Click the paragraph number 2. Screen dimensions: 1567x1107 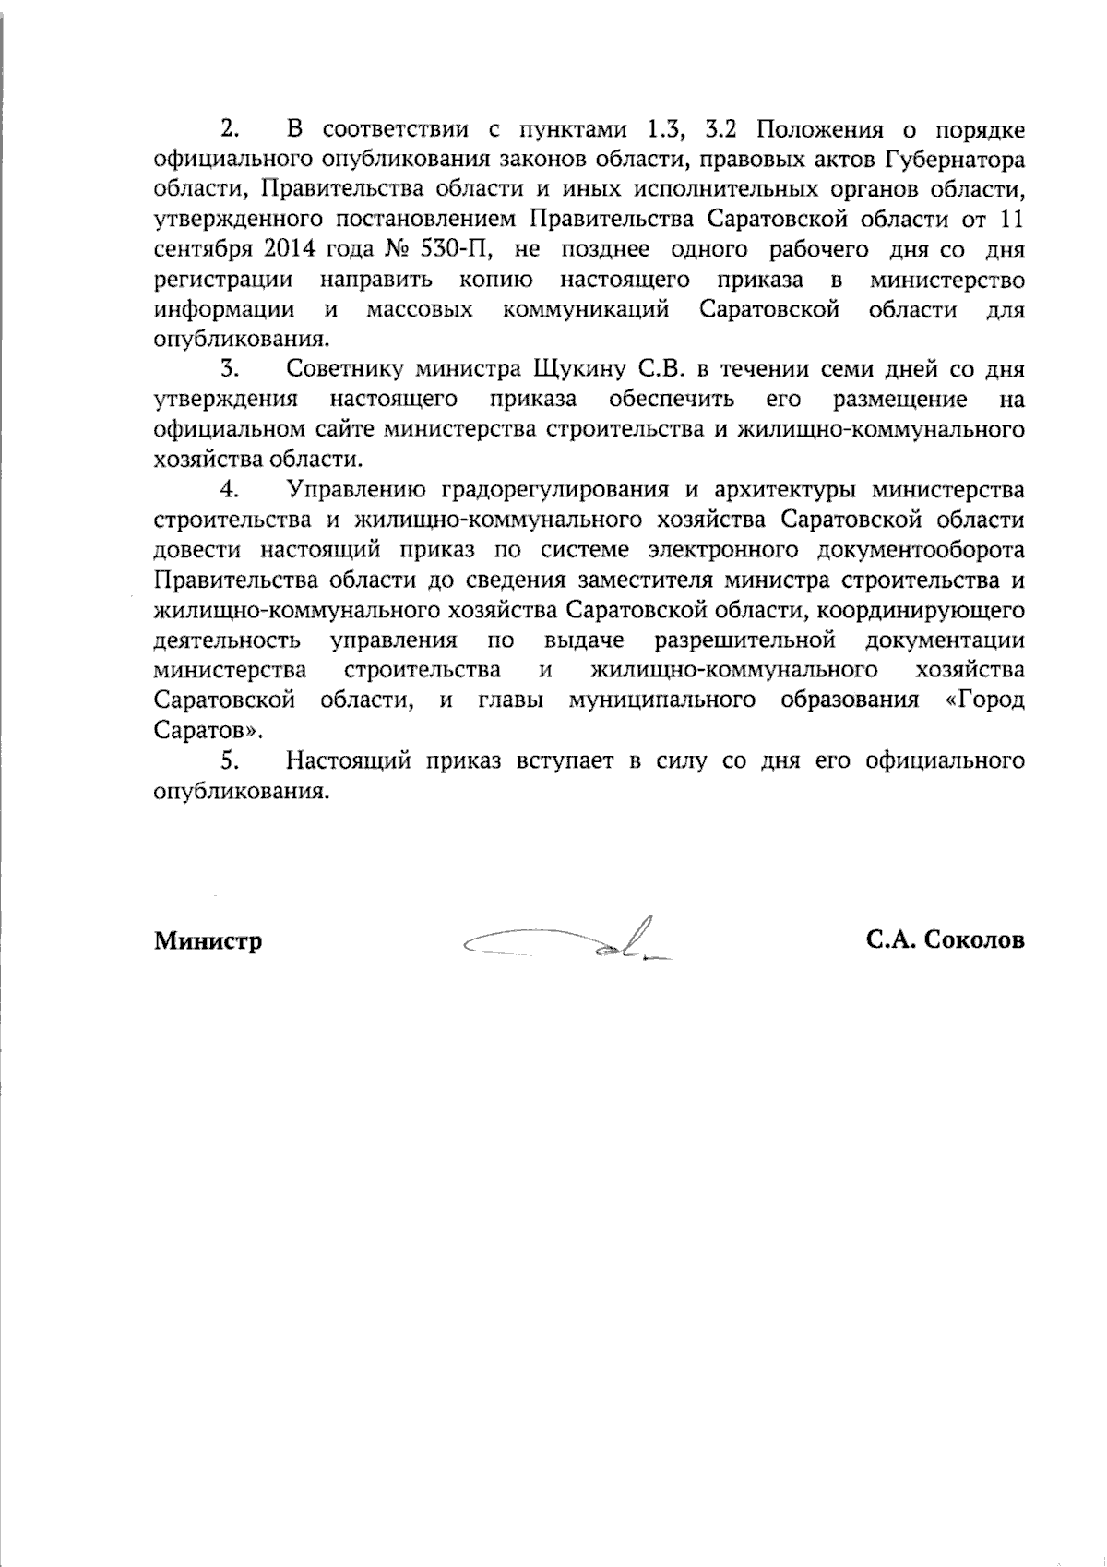(x=230, y=128)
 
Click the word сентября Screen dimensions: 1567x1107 (x=196, y=249)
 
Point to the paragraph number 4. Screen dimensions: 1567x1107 (x=230, y=489)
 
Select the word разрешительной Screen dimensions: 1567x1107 (x=744, y=640)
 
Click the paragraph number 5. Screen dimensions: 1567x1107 (x=230, y=761)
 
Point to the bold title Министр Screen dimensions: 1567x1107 (x=208, y=941)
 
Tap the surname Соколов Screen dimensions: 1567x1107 (x=972, y=940)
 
